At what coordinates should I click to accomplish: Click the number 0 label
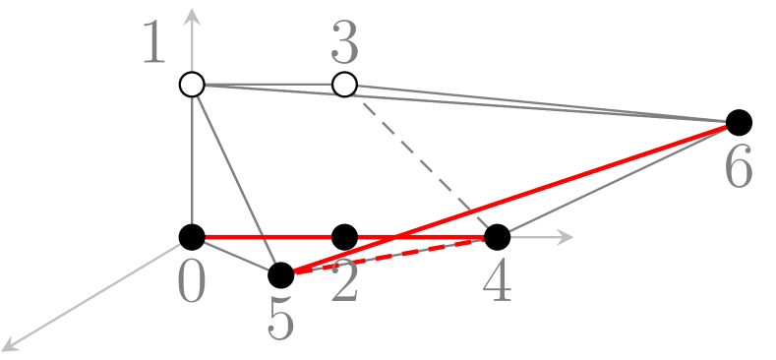(191, 284)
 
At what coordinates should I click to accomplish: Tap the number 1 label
(154, 44)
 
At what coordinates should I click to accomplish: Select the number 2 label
(343, 284)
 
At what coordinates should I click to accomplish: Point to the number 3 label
(344, 44)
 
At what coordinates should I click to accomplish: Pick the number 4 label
(498, 284)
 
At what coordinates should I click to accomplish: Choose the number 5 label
(281, 321)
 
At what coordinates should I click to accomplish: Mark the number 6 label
(739, 168)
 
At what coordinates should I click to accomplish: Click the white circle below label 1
(193, 85)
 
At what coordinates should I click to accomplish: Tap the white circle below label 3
(344, 85)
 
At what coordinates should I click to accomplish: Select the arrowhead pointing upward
(193, 14)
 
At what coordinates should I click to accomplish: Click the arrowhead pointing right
(565, 237)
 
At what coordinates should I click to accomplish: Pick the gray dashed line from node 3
(413, 158)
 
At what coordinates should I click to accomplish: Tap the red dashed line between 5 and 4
(393, 253)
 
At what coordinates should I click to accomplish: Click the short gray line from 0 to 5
(236, 257)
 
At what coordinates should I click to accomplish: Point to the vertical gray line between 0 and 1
(193, 162)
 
